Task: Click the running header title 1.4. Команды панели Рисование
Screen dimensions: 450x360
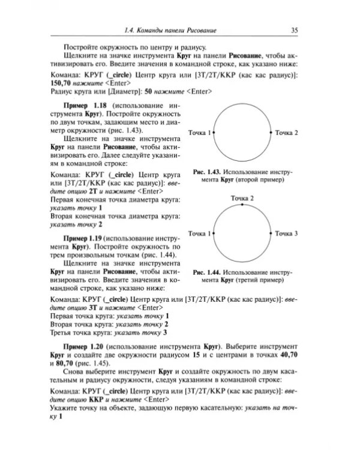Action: point(170,31)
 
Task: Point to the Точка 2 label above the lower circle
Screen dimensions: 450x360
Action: point(242,197)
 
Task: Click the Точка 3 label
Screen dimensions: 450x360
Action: point(286,233)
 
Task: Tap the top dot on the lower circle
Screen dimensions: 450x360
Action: point(242,205)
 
